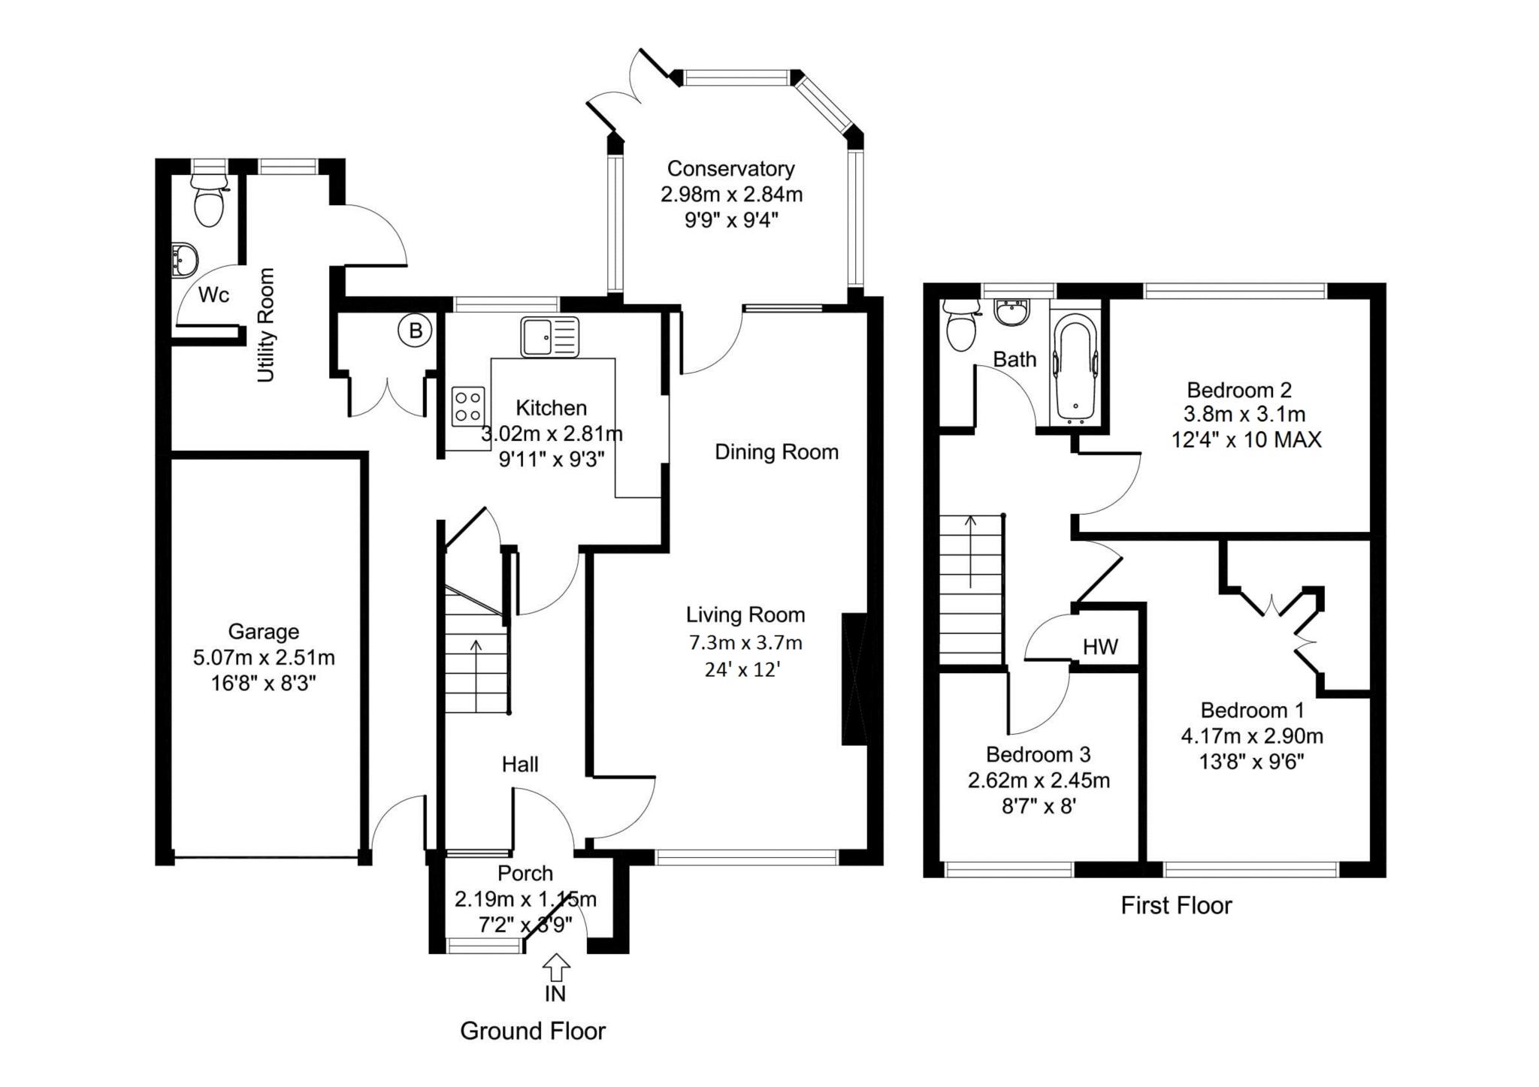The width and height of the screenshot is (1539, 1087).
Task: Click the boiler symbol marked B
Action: (416, 331)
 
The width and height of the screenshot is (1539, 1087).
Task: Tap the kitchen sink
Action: (550, 337)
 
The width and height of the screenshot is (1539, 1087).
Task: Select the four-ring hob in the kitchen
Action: (468, 406)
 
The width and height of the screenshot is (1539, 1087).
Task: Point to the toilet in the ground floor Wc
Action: (210, 199)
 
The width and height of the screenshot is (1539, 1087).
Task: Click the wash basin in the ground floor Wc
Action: (183, 260)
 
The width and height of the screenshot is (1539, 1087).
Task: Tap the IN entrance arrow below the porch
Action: (555, 967)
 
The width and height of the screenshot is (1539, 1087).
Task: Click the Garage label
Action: (264, 632)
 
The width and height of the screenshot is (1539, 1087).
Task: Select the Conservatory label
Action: (730, 168)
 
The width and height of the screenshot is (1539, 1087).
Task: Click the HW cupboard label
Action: (1100, 646)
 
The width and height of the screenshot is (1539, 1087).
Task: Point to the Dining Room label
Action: (776, 452)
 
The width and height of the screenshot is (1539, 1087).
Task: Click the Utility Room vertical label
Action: (266, 325)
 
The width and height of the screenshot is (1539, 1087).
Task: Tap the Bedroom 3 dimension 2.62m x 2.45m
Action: (1039, 781)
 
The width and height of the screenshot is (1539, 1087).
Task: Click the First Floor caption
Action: (1176, 905)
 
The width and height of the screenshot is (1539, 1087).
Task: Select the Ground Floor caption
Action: (533, 1031)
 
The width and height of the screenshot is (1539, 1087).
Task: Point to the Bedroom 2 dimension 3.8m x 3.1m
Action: (1244, 414)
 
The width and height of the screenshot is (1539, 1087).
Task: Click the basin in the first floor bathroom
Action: (1010, 313)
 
